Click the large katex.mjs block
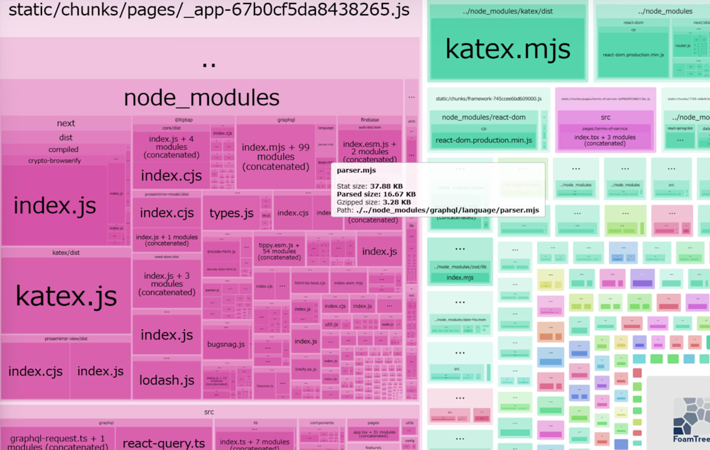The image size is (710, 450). [x=508, y=49]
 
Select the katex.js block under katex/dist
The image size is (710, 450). [x=66, y=296]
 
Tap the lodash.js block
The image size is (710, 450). [x=167, y=380]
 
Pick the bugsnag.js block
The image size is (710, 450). [x=226, y=344]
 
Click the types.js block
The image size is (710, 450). [x=231, y=213]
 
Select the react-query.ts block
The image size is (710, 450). [x=164, y=443]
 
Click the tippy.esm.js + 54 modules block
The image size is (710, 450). [x=272, y=251]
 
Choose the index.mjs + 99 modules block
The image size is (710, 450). [x=276, y=157]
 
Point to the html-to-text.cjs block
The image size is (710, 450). [x=309, y=283]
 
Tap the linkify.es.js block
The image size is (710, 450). [x=306, y=369]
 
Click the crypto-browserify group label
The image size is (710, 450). [x=54, y=161]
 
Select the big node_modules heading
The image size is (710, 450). [x=201, y=98]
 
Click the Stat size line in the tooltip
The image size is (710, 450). [x=371, y=186]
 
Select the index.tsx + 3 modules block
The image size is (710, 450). [x=605, y=140]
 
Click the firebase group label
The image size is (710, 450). [x=370, y=120]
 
